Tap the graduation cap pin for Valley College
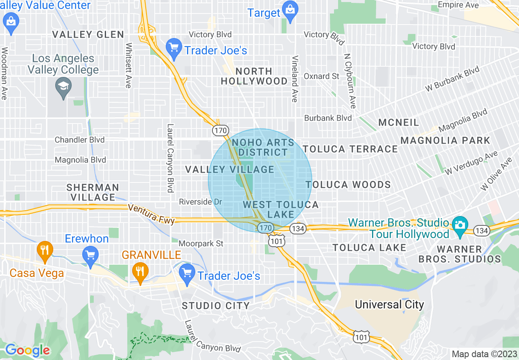63,88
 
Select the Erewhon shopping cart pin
90,256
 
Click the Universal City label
389,305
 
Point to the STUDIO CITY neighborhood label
216,306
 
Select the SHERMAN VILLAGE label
93,192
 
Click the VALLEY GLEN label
88,35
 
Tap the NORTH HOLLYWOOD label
254,76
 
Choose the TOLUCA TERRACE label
350,149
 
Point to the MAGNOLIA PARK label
445,141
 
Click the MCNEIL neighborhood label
399,123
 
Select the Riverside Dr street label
201,202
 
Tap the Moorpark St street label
201,244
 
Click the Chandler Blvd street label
80,140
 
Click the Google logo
27,350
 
